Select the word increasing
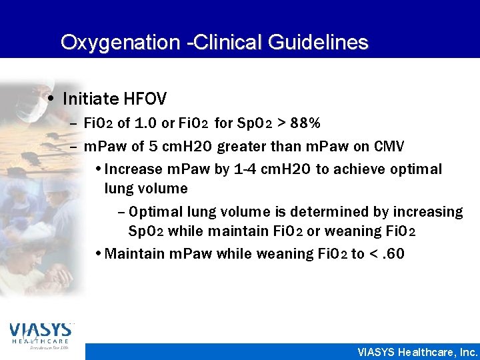(427, 212)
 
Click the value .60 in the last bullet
(390, 254)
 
